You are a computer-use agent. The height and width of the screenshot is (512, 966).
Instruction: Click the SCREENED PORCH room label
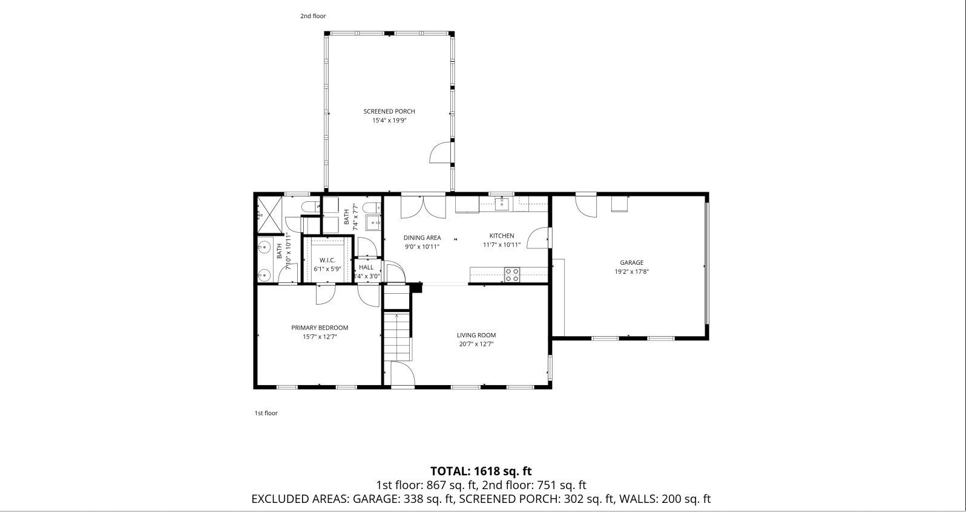[x=389, y=112]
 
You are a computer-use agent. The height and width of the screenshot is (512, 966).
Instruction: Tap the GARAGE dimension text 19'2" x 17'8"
[x=631, y=272]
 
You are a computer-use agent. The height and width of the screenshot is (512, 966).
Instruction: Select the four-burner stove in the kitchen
[x=512, y=274]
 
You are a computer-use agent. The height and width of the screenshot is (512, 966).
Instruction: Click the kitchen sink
[x=502, y=204]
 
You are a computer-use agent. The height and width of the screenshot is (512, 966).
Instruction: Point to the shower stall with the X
[x=269, y=215]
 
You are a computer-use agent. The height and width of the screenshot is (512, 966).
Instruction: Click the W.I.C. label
[x=327, y=260]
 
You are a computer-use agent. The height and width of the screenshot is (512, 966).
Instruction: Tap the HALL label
[x=366, y=267]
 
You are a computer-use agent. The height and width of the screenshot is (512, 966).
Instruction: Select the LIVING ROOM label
[x=476, y=335]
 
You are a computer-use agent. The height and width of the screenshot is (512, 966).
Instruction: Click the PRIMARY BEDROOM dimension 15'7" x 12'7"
[x=320, y=337]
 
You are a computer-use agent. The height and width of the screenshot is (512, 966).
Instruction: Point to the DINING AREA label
[x=422, y=238]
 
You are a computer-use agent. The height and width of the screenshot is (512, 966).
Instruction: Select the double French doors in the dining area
[x=423, y=207]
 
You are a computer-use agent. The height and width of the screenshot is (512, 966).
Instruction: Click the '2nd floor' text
[x=313, y=16]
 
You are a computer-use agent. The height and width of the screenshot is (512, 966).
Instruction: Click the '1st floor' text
[x=266, y=413]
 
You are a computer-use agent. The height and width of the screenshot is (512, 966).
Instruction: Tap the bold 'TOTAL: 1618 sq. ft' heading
[x=481, y=471]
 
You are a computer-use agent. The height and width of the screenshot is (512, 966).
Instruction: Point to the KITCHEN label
[x=502, y=236]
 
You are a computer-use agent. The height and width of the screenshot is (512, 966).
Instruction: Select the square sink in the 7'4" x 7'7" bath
[x=373, y=222]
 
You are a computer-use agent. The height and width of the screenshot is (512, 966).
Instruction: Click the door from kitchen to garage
[x=537, y=238]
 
